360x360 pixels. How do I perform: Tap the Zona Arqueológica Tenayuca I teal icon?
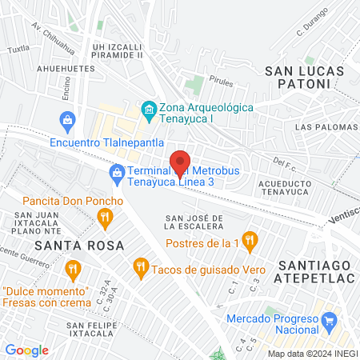[x=148, y=108]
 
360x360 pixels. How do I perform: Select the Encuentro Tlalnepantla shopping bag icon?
[x=68, y=122]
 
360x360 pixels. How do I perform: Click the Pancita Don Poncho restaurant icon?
[x=103, y=217]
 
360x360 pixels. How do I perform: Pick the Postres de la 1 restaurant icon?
[x=250, y=238]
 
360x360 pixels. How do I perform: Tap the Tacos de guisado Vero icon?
[x=141, y=265]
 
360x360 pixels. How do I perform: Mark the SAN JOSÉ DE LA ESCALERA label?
[x=193, y=223]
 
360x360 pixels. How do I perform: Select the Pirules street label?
[x=219, y=81]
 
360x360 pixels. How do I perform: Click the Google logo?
[x=26, y=350]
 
